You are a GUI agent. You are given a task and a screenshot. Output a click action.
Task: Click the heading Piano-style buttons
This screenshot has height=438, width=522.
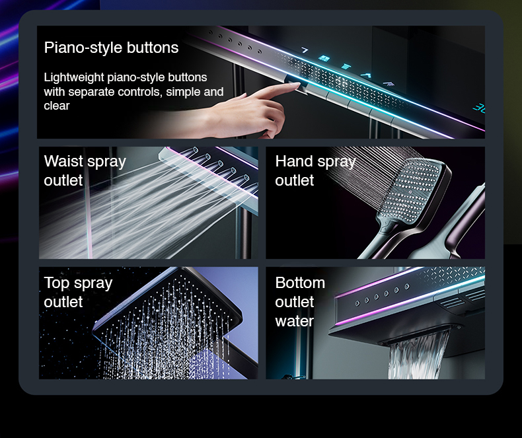pyautogui.click(x=111, y=48)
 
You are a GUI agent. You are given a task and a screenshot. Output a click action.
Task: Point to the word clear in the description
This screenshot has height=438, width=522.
pyautogui.click(x=57, y=106)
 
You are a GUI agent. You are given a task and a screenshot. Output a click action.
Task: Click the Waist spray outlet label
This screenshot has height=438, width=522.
pyautogui.click(x=85, y=170)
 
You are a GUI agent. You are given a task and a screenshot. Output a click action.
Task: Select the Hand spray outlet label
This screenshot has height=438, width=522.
pyautogui.click(x=315, y=170)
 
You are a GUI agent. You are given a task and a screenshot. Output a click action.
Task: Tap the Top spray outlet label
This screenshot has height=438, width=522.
pyautogui.click(x=78, y=292)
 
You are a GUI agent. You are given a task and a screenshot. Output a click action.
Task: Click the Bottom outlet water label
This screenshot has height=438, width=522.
pyautogui.click(x=300, y=301)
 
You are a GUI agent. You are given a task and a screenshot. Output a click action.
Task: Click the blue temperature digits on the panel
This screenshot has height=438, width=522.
pyautogui.click(x=479, y=108)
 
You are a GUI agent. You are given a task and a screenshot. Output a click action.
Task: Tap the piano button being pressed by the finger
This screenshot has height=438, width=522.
pyautogui.click(x=296, y=85)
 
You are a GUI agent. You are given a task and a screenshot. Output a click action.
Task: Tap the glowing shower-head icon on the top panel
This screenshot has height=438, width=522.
pyautogui.click(x=389, y=83)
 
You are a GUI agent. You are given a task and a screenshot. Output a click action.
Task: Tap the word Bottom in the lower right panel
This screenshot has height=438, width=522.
pyautogui.click(x=300, y=283)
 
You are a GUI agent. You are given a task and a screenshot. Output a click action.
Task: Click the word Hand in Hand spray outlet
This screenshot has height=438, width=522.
pyautogui.click(x=294, y=161)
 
